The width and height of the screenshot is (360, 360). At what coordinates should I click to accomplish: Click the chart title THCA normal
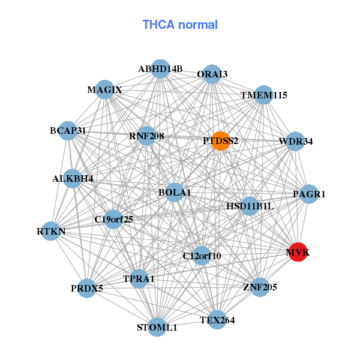(x=179, y=25)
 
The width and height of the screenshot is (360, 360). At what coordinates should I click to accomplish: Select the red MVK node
(x=298, y=253)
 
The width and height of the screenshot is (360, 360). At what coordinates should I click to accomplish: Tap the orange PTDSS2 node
(x=220, y=141)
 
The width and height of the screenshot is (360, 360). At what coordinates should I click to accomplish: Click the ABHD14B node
(x=160, y=69)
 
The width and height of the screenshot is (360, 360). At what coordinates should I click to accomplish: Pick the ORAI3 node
(x=212, y=74)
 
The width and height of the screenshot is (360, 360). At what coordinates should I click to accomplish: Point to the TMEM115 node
(x=264, y=95)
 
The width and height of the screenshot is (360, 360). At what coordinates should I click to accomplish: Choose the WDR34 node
(x=295, y=142)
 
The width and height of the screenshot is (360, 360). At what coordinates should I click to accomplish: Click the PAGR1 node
(x=309, y=194)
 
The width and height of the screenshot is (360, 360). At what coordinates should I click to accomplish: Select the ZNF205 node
(x=260, y=287)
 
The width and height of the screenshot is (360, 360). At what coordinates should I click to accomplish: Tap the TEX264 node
(x=217, y=320)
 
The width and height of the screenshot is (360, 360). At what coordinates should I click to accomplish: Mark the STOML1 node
(x=157, y=327)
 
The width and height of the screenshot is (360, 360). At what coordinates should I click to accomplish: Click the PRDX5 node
(x=87, y=288)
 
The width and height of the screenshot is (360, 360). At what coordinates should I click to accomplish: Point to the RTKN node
(x=51, y=231)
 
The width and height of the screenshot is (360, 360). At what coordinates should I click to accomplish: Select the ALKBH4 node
(x=73, y=178)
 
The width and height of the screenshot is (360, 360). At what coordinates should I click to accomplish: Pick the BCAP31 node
(x=68, y=130)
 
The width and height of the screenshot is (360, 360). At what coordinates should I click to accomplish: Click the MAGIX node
(x=104, y=90)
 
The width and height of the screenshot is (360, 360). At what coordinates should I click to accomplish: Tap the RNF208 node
(x=146, y=136)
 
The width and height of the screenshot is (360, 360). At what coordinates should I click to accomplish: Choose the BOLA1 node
(x=175, y=193)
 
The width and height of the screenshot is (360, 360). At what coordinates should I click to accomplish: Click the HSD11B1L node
(x=250, y=206)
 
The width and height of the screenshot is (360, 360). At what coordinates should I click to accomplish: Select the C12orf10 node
(x=202, y=256)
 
